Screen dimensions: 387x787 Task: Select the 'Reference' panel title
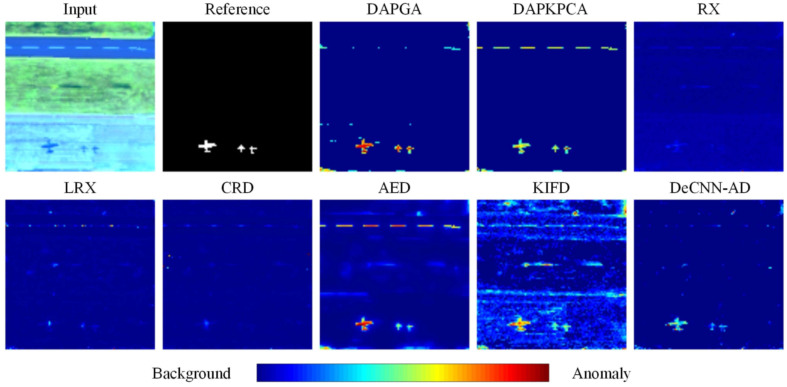(237, 9)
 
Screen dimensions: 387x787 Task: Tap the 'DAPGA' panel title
(394, 9)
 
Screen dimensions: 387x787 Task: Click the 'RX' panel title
(708, 9)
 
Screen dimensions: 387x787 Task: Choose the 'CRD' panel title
(237, 188)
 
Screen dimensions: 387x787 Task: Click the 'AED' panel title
(394, 188)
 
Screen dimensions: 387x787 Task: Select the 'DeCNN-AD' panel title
(709, 188)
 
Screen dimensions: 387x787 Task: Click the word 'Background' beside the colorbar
(191, 373)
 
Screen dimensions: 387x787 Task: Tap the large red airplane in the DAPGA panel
(364, 146)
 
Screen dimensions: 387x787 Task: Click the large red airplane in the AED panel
(364, 324)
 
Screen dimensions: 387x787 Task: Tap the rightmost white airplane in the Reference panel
(253, 150)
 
